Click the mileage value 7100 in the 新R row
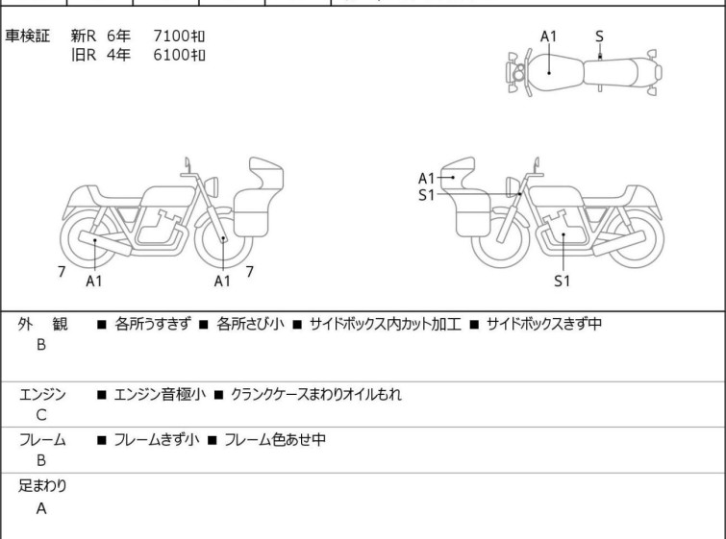171,36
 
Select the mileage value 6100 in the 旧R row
171,55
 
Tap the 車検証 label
27,36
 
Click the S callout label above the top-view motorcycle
599,37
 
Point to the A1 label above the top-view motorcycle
549,37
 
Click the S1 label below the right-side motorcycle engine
563,281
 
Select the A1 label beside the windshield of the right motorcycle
426,178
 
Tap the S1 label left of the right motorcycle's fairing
426,195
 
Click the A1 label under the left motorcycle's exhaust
94,281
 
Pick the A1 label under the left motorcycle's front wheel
222,281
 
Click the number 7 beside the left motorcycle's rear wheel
62,272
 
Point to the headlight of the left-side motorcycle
212,186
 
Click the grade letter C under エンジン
41,415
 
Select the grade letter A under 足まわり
41,508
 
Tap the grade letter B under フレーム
41,460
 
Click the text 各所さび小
250,324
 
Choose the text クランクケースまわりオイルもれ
316,394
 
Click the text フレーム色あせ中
275,439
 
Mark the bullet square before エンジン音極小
101,395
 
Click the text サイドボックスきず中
544,324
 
